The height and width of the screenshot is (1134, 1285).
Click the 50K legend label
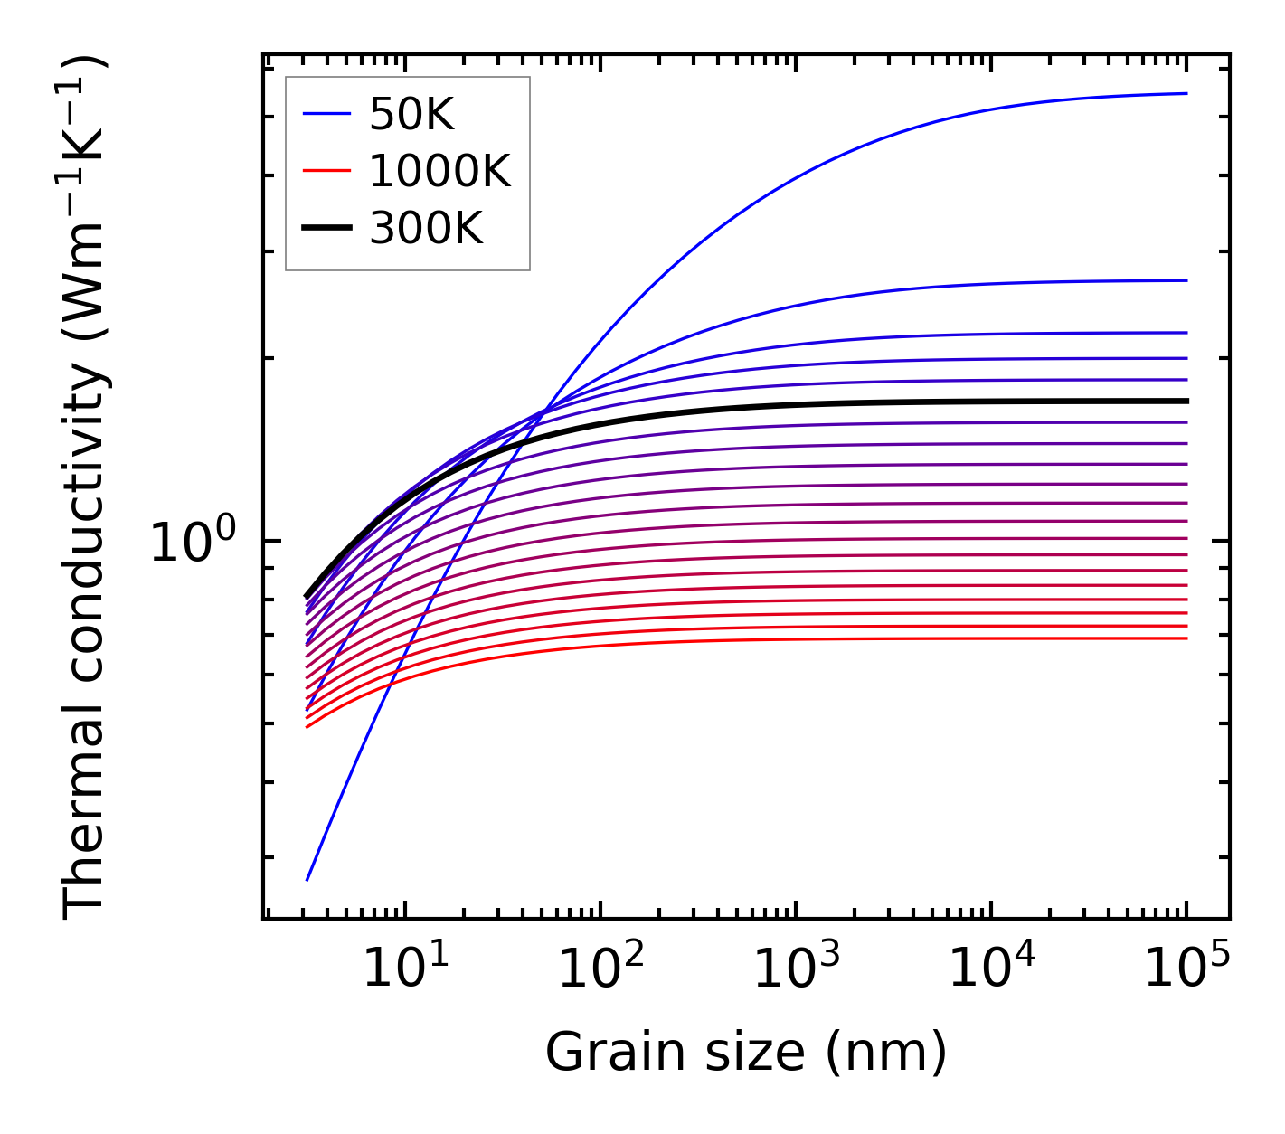411,115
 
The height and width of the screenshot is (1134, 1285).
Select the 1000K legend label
439,171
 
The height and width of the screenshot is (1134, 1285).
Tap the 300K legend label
426,228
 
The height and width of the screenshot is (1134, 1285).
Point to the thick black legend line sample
326,228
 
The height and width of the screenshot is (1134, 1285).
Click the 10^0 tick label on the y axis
192,542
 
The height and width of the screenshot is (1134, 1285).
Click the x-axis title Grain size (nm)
746,1053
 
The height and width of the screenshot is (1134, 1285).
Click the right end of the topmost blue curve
1186,93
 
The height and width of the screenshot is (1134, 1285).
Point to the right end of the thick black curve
1186,401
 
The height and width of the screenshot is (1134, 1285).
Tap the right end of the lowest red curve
1186,638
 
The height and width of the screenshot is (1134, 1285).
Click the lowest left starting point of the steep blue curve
307,879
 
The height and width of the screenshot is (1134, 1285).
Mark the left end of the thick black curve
307,597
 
